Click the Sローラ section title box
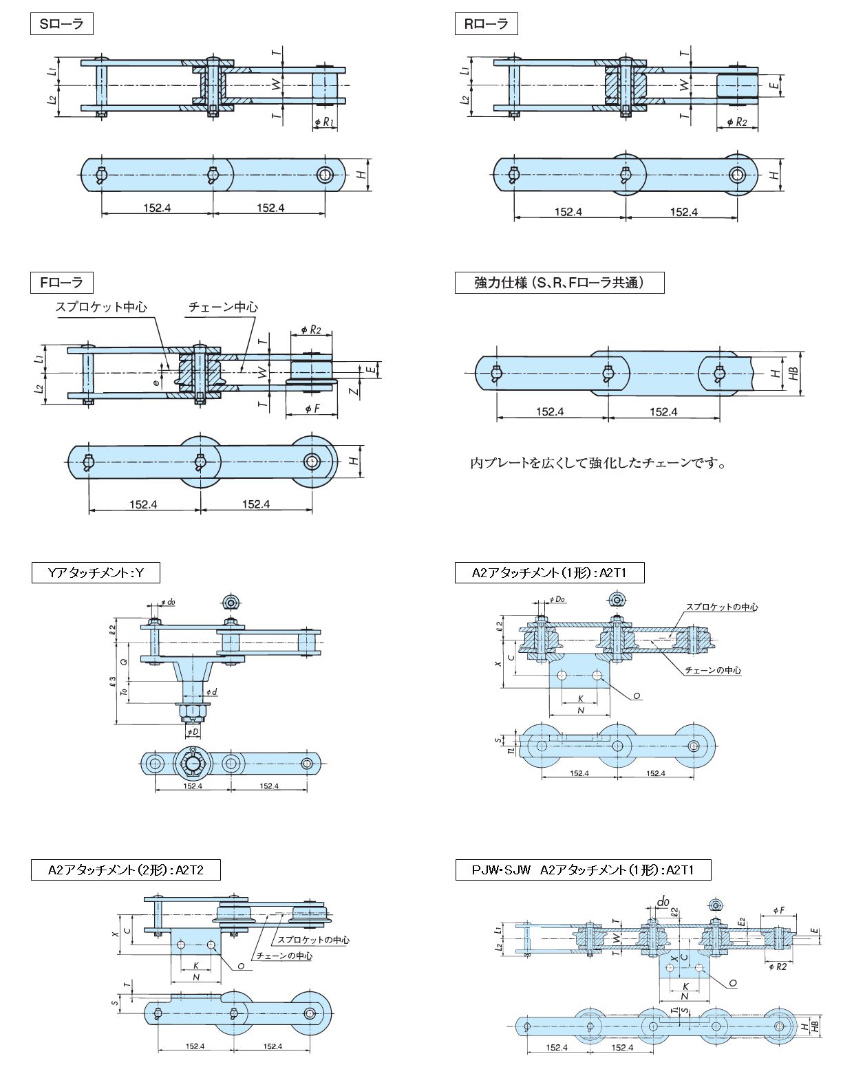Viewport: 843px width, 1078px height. coord(61,25)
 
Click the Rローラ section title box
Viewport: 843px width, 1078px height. coord(486,25)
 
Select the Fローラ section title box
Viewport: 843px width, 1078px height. coord(61,282)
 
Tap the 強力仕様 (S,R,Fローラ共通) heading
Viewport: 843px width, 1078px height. coord(559,283)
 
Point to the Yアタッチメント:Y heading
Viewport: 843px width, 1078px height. coord(96,572)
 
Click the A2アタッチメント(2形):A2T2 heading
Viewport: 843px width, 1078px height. coord(126,870)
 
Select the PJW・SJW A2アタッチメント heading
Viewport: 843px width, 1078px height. coord(582,870)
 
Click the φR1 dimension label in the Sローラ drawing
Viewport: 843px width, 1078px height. coord(324,123)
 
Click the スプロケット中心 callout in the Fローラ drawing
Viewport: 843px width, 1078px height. coord(101,308)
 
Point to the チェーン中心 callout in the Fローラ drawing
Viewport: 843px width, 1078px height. coord(223,308)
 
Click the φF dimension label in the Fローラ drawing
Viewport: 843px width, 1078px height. coord(312,409)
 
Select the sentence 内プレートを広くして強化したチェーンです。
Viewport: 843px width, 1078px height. coord(598,463)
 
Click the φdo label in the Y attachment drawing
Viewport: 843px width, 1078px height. coord(167,602)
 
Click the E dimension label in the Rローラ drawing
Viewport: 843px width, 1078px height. coord(774,85)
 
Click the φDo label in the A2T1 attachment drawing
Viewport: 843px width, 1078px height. coord(557,599)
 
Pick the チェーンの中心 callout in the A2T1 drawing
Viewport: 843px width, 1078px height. coord(713,670)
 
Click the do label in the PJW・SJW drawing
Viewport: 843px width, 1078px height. coord(663,901)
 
